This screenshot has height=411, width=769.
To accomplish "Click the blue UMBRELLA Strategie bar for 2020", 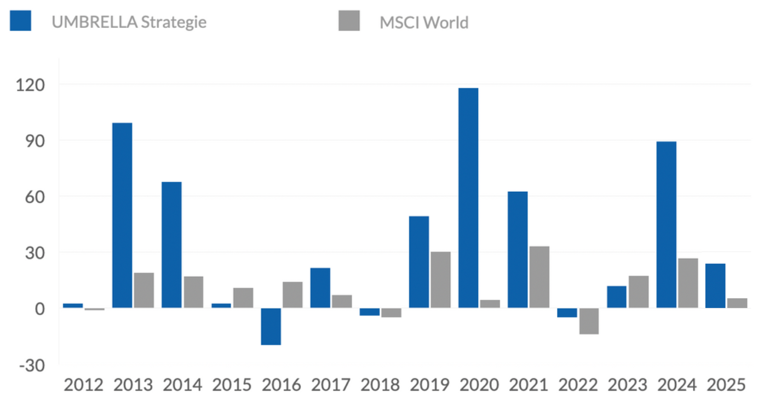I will pos(468,198).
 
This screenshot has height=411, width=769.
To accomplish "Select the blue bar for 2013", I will pos(122,215).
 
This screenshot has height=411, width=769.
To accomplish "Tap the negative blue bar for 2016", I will pos(271,327).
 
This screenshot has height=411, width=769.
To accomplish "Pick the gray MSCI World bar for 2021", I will pos(540,277).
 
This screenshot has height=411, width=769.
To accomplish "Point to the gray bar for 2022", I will pos(589,321).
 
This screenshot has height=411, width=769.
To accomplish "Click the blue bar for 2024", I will pos(666,225).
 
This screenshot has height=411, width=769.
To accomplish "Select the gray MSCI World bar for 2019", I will pos(440,279).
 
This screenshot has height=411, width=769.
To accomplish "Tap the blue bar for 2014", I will pos(171,244).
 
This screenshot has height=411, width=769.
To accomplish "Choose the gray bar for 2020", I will pos(490,304).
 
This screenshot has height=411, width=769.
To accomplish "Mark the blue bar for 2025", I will pos(715,286).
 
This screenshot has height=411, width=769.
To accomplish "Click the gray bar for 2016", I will pos(292,295).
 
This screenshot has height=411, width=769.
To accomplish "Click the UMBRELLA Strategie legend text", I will pos(129,22).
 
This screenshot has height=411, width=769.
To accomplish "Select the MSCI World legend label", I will pos(424,22).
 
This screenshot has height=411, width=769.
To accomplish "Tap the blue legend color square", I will pos(20,21).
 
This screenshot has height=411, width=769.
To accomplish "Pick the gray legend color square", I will pos(349,21).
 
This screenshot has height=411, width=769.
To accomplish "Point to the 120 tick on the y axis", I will pos(33,85).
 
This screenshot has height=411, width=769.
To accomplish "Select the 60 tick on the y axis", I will pos(37,197).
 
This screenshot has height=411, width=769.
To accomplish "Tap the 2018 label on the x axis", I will pos(380,386).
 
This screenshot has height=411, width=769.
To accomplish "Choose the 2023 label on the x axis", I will pos(628,386).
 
